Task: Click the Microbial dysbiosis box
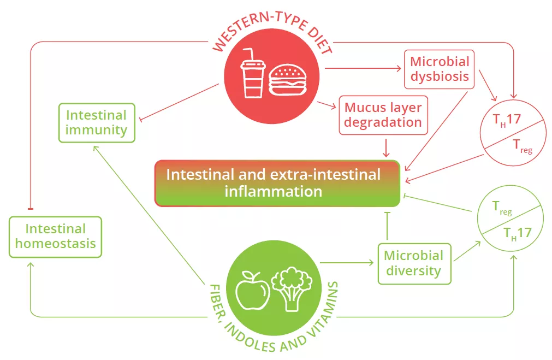(440, 69)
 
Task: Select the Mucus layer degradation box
(381, 115)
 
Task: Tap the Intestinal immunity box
(96, 123)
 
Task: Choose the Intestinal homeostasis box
(56, 236)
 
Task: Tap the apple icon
(252, 288)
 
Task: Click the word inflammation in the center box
(274, 192)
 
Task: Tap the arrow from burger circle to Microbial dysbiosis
(363, 68)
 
